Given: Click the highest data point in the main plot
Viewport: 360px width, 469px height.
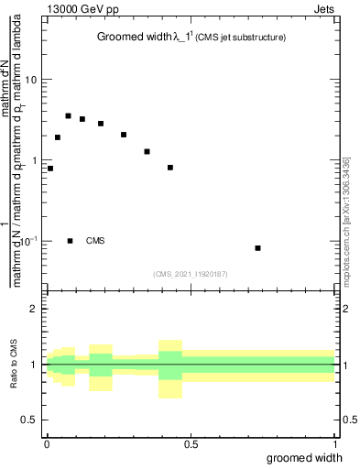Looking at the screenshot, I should point(68,115).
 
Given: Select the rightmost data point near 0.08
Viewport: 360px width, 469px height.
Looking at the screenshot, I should point(258,248).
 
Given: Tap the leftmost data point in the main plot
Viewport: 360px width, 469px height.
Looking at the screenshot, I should point(50,169).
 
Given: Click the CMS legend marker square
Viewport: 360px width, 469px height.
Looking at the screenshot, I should point(71,241).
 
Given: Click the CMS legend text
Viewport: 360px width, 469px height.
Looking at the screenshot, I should point(95,241).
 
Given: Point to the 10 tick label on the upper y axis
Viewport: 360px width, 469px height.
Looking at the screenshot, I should point(31,80).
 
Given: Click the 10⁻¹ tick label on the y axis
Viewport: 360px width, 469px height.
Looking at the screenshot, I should point(28,241).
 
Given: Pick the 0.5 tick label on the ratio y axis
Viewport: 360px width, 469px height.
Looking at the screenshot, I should point(31,420).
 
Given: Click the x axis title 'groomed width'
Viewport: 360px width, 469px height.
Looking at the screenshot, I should point(305,458).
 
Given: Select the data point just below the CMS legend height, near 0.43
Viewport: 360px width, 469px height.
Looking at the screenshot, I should point(170,168).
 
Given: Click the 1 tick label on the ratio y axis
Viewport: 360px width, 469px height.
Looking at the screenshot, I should point(36,365).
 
